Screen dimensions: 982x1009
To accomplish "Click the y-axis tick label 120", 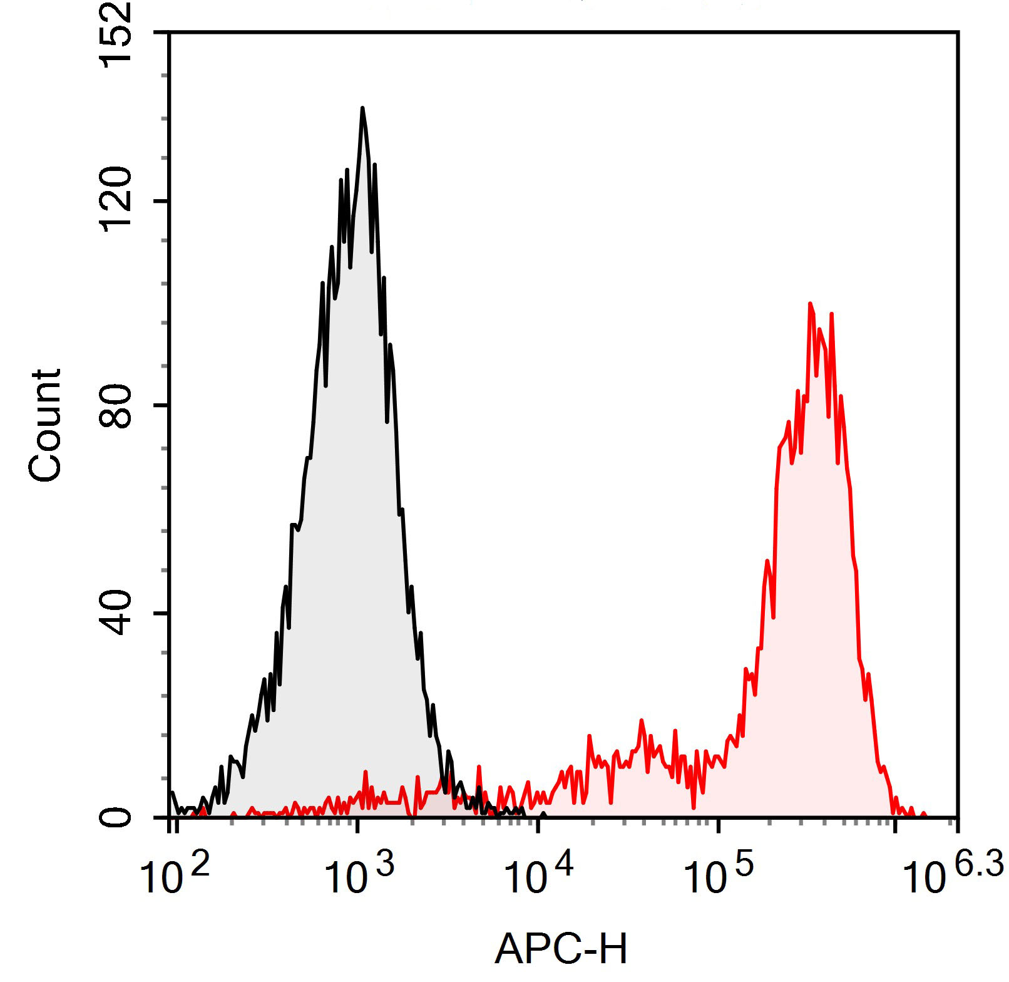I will click(x=117, y=200).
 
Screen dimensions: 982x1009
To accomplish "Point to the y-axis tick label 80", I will click(x=117, y=405).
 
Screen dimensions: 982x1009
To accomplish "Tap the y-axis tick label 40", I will click(x=117, y=612).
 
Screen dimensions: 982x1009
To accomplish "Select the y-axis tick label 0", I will click(x=117, y=817).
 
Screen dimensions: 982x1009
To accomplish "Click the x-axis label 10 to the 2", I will click(x=175, y=872).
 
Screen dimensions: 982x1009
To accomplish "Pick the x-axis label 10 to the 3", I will click(x=359, y=872).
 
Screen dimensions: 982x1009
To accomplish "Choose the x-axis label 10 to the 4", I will click(x=538, y=872).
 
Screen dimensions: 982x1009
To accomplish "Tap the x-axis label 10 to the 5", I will click(x=718, y=872).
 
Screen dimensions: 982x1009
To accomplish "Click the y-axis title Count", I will click(x=45, y=426).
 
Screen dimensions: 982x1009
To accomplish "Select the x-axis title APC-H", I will click(x=561, y=949).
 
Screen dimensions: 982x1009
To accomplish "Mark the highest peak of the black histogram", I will click(x=362, y=109).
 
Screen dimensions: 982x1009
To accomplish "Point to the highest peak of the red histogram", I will click(x=810, y=304).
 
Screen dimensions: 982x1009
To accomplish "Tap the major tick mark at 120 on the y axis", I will click(x=162, y=201).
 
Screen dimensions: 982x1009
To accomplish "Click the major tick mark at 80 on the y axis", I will click(x=162, y=406).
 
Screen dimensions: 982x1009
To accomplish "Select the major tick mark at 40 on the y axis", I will click(x=162, y=612).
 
